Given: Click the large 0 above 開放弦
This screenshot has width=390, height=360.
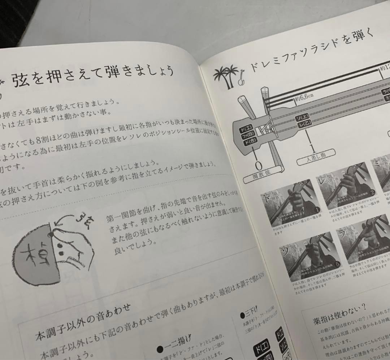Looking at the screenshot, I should tap(258, 165).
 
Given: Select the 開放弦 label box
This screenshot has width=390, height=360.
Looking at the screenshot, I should tap(263, 176).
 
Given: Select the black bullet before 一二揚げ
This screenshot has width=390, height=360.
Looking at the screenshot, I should tap(160, 350).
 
